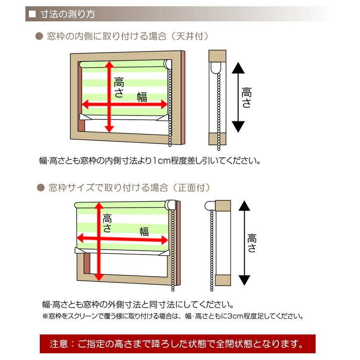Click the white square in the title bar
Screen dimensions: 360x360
(32, 14)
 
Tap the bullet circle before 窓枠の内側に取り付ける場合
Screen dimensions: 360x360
(39, 37)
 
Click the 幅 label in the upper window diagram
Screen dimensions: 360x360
(142, 98)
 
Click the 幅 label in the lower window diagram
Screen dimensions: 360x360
(144, 231)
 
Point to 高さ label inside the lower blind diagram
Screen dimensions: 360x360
(107, 223)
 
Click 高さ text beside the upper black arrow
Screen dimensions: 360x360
(247, 98)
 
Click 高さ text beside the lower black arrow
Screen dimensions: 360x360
(252, 243)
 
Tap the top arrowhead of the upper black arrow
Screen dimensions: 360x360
(238, 68)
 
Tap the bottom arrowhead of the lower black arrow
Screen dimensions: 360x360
(244, 280)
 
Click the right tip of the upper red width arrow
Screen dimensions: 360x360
(167, 104)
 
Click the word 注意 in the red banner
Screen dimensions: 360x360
(59, 344)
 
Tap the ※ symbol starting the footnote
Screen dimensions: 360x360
(45, 316)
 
